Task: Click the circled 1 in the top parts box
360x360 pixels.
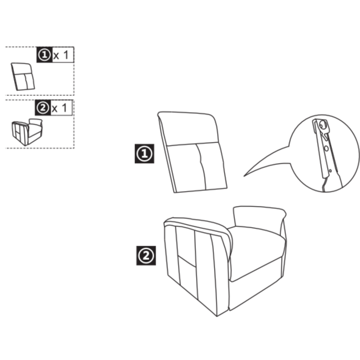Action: [44, 54]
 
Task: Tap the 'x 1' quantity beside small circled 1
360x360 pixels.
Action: [61, 55]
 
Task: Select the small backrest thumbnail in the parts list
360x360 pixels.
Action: [23, 76]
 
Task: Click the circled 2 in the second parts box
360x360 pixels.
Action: [43, 108]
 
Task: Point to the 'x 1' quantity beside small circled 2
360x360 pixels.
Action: [59, 108]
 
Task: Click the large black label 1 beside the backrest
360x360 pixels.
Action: [144, 154]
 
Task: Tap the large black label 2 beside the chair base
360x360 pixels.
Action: [146, 256]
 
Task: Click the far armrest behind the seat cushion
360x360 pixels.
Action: [259, 218]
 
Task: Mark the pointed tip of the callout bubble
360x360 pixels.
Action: [244, 176]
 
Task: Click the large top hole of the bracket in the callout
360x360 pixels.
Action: [323, 125]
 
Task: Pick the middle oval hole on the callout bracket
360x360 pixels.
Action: [326, 149]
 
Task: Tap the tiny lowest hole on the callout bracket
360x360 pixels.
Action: [330, 171]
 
